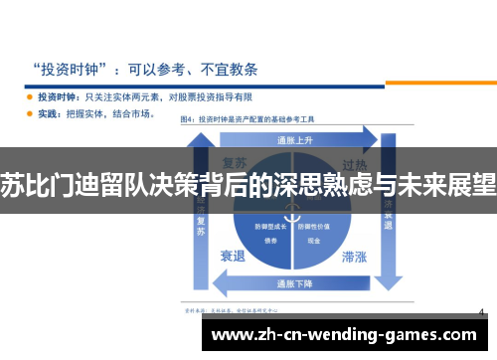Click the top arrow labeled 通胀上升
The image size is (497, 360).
293,138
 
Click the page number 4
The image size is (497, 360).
481,312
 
